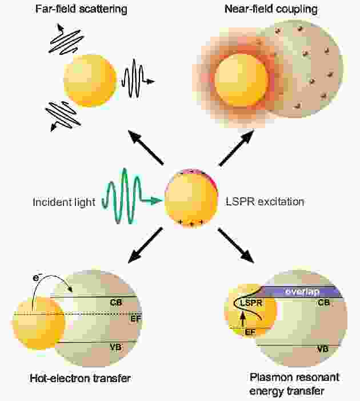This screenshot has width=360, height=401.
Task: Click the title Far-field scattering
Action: [81, 9]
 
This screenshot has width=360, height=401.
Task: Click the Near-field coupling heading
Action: [271, 10]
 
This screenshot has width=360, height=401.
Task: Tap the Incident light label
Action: [64, 202]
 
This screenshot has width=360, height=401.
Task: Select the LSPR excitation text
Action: [265, 202]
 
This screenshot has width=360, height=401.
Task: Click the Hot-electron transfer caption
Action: [80, 378]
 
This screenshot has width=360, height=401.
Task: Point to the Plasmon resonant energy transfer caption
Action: [294, 384]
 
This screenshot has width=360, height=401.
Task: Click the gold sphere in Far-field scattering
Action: [90, 81]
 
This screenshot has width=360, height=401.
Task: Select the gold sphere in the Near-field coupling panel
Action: [242, 81]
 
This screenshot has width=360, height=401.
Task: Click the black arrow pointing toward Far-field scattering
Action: [145, 148]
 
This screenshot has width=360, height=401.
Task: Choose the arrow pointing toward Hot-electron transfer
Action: [145, 245]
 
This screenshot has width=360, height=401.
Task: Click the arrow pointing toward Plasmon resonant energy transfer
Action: [236, 245]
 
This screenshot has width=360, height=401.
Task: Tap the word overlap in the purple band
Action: [302, 292]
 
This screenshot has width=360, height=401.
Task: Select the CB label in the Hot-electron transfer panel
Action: [116, 303]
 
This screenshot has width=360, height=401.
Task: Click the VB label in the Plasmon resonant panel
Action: [323, 349]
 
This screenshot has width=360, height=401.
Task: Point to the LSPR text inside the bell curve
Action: [251, 303]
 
